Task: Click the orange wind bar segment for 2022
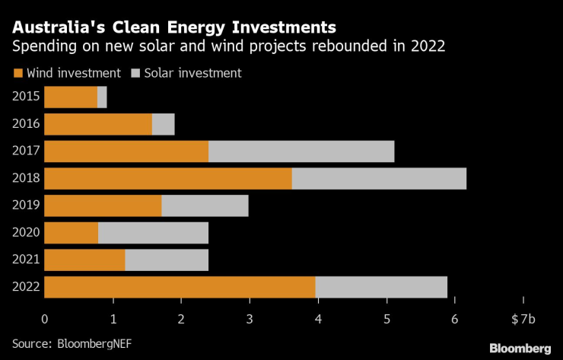(180, 287)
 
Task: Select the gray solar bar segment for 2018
(379, 178)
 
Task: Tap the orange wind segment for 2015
(71, 97)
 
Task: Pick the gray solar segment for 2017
(301, 151)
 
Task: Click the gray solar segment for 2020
(153, 233)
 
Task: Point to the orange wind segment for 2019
(103, 205)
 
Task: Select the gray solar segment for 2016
(163, 124)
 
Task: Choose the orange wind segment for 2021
(84, 260)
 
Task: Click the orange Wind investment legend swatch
(17, 74)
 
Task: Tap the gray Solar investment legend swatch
(135, 74)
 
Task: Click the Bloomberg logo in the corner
(520, 348)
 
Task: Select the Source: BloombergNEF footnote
(66, 343)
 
